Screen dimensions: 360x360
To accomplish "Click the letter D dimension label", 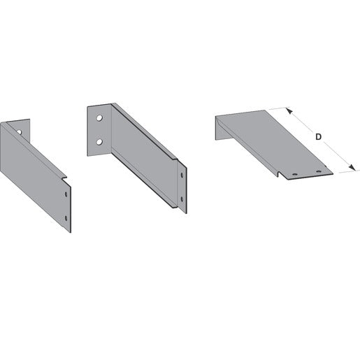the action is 318,137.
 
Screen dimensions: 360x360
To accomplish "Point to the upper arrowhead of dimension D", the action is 289,110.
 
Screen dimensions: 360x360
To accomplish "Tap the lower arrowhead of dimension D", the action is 352,167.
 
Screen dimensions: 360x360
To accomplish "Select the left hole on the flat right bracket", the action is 295,174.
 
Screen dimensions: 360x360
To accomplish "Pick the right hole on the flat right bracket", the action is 319,172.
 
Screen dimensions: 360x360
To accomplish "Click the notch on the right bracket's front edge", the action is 280,174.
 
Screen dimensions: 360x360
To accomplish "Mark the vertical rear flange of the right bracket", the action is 218,128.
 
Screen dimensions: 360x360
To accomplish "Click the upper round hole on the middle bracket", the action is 99,118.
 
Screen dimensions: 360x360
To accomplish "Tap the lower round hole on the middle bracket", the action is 99,142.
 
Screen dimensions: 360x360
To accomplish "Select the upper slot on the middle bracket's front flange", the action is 182,175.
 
